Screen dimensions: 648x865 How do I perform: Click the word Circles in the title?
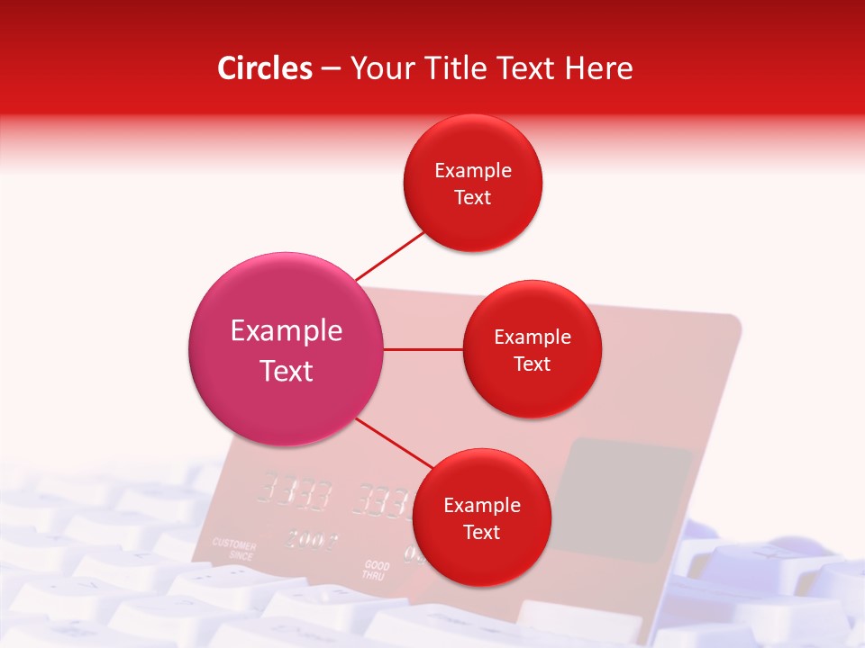point(264,68)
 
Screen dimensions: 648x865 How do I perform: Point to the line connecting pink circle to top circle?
point(389,256)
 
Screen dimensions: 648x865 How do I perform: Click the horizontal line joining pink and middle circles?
point(423,349)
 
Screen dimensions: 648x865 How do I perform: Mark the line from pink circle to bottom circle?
point(393,443)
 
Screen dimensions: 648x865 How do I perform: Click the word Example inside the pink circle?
point(287,331)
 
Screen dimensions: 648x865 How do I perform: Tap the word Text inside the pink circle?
point(287,371)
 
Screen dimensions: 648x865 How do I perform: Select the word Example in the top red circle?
point(473,171)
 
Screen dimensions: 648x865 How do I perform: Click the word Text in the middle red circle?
point(532,364)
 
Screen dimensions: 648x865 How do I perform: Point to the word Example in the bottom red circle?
point(481,506)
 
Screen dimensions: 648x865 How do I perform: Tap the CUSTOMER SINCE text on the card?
point(234,550)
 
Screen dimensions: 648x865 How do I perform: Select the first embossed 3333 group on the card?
point(294,492)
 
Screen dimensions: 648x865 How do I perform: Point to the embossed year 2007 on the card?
point(312,540)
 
